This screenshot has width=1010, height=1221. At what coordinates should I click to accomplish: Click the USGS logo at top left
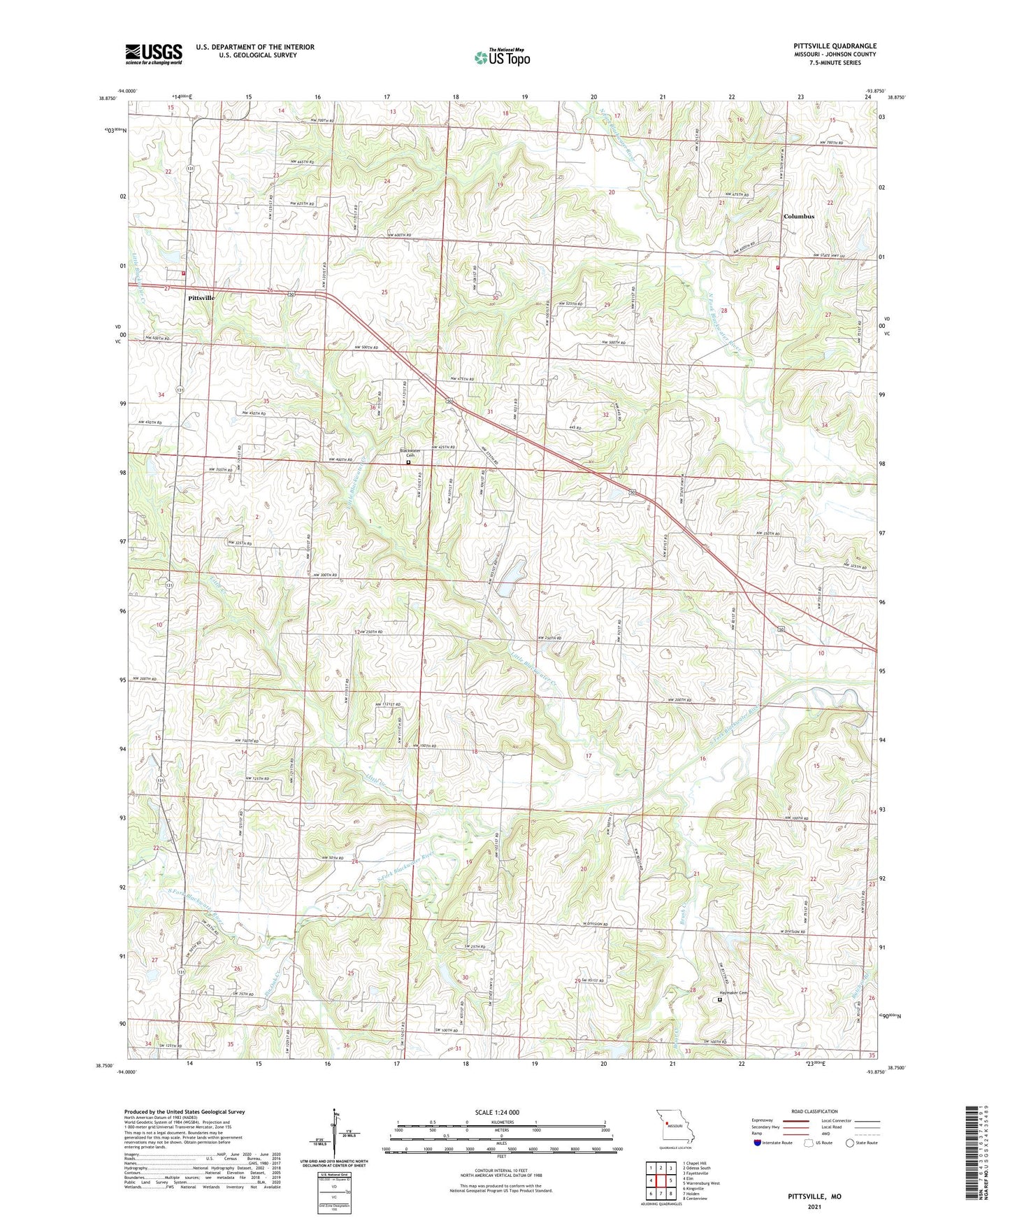[153, 54]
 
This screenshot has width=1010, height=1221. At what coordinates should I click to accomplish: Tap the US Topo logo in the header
[501, 57]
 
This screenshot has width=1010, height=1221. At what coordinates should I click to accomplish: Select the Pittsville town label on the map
[201, 298]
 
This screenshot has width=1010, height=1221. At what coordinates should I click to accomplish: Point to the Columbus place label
[798, 217]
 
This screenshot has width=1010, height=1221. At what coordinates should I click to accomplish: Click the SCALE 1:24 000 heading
[499, 1113]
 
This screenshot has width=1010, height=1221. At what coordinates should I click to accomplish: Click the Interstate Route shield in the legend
[758, 1143]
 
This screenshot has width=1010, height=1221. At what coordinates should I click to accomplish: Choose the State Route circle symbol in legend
[849, 1143]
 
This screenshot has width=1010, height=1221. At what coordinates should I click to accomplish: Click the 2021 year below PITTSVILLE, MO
[814, 1206]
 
